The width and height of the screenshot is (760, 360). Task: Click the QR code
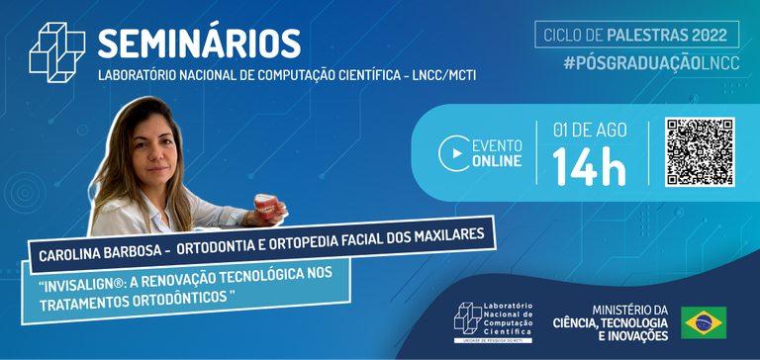pyautogui.click(x=699, y=151)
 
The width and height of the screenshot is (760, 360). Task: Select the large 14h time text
pyautogui.click(x=589, y=166)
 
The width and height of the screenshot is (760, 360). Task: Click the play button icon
pyautogui.click(x=454, y=153)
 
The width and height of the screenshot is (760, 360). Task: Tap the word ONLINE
pyautogui.click(x=497, y=162)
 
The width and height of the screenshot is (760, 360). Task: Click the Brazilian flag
pyautogui.click(x=704, y=321)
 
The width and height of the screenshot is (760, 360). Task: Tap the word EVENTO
pyautogui.click(x=499, y=145)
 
